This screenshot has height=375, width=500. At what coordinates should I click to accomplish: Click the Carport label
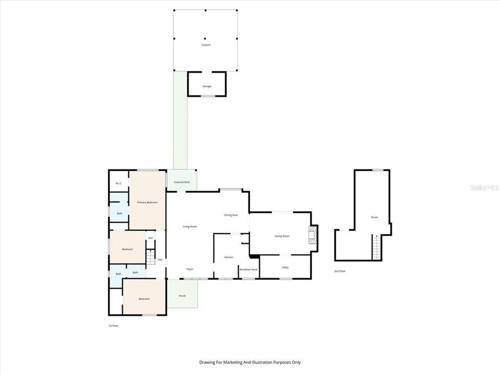click(x=206, y=45)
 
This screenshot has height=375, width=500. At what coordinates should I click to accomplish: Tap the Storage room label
click(x=207, y=86)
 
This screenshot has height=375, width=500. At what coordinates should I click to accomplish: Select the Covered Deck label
click(x=182, y=182)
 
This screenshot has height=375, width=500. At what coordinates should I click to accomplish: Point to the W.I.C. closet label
click(x=119, y=183)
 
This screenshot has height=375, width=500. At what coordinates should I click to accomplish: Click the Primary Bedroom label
click(x=147, y=202)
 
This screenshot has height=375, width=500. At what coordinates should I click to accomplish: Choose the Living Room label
click(x=190, y=227)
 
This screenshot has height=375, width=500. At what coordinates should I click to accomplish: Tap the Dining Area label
click(x=231, y=215)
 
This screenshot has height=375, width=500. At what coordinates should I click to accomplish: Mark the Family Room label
click(x=282, y=236)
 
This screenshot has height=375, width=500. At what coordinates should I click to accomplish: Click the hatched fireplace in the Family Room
click(x=312, y=235)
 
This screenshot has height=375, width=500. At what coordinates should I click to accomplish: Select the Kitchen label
click(x=229, y=257)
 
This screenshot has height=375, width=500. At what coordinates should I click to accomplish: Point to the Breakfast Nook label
click(x=248, y=269)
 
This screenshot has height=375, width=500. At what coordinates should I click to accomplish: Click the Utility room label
click(x=285, y=268)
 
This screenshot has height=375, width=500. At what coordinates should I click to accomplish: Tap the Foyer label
click(x=190, y=269)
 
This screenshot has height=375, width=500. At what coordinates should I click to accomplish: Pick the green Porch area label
click(x=182, y=296)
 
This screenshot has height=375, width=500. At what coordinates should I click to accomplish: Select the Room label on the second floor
click(x=374, y=217)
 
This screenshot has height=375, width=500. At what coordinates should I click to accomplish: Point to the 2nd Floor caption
click(x=340, y=271)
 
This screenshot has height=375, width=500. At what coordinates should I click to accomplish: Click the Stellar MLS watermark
click(x=484, y=187)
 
